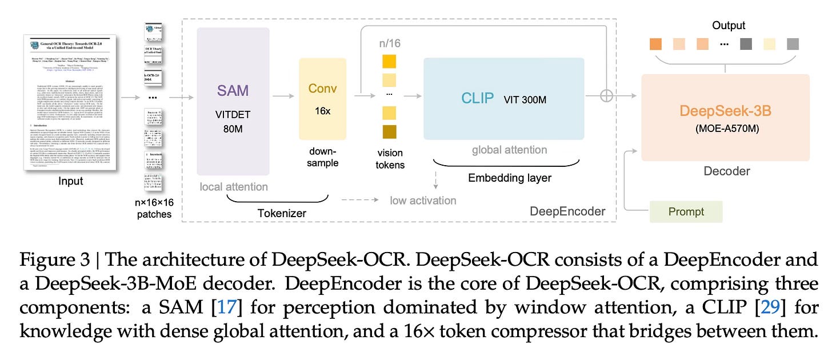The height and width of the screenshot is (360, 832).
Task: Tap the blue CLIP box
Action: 503,98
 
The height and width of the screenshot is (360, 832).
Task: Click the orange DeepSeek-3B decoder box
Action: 726,117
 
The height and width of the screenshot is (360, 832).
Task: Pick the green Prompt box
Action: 686,211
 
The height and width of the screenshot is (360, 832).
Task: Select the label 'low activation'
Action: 423,201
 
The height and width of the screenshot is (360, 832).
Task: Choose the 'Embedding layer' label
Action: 510,178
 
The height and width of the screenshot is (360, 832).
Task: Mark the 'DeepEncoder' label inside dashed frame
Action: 567,211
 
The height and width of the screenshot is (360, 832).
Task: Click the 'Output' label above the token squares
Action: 729,25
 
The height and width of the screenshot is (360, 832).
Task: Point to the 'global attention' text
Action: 509,150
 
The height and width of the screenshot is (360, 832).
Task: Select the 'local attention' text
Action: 234,186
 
